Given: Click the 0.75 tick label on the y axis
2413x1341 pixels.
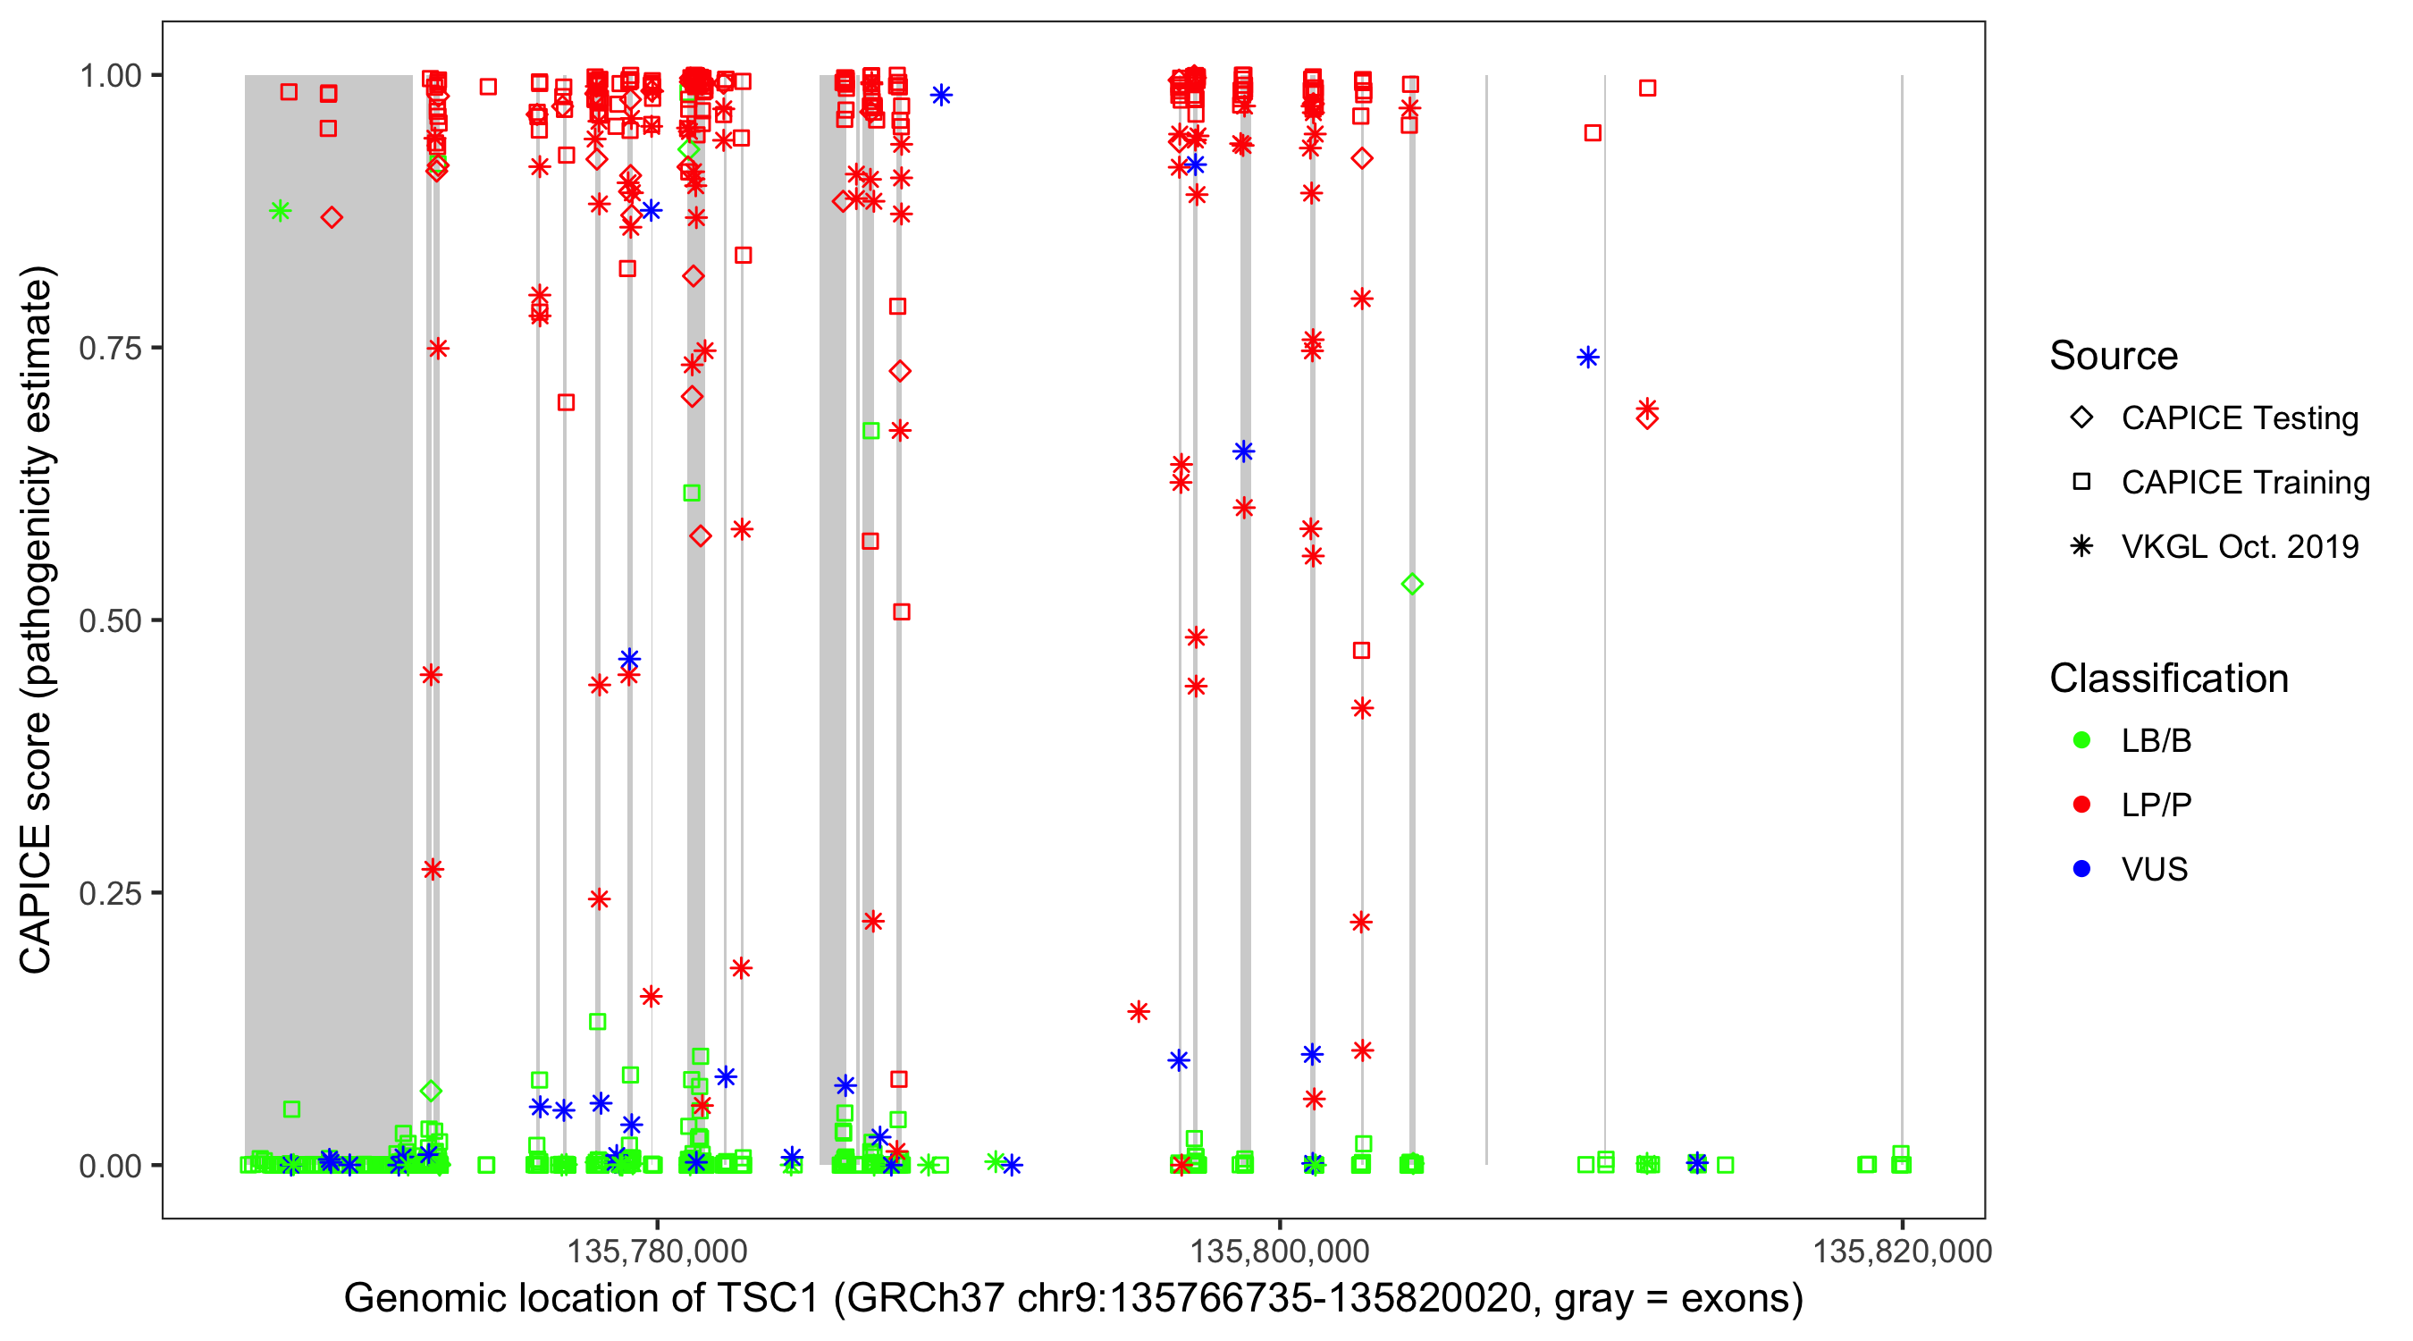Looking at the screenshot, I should pyautogui.click(x=109, y=349).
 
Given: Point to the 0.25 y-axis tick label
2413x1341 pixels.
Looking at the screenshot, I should pyautogui.click(x=109, y=893).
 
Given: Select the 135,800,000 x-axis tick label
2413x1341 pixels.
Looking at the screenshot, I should pyautogui.click(x=1280, y=1251).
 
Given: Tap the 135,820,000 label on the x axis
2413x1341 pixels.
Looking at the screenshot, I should pyautogui.click(x=1902, y=1251).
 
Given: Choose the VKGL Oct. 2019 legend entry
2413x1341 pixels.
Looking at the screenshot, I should pyautogui.click(x=2239, y=546).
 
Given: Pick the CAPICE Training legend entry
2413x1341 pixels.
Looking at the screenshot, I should pyautogui.click(x=2244, y=483).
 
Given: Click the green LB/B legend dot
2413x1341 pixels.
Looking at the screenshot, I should pyautogui.click(x=2081, y=740).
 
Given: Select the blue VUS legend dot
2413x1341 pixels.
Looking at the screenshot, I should pyautogui.click(x=2081, y=869).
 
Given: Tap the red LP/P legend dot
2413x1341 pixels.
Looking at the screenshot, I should pyautogui.click(x=2081, y=805).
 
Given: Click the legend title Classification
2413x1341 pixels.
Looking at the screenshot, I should pyautogui.click(x=2168, y=679).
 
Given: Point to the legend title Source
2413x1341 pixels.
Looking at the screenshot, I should pyautogui.click(x=2114, y=356).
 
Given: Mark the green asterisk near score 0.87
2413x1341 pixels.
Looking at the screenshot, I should pyautogui.click(x=280, y=211).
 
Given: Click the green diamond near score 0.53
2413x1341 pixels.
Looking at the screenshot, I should pyautogui.click(x=1413, y=584).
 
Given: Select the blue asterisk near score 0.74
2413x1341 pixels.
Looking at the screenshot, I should pyautogui.click(x=1588, y=357).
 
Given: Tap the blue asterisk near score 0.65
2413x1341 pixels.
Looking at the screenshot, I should pyautogui.click(x=1243, y=451).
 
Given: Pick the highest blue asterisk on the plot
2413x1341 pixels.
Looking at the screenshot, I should pyautogui.click(x=941, y=95).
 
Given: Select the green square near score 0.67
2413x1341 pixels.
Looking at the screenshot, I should pyautogui.click(x=871, y=431).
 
